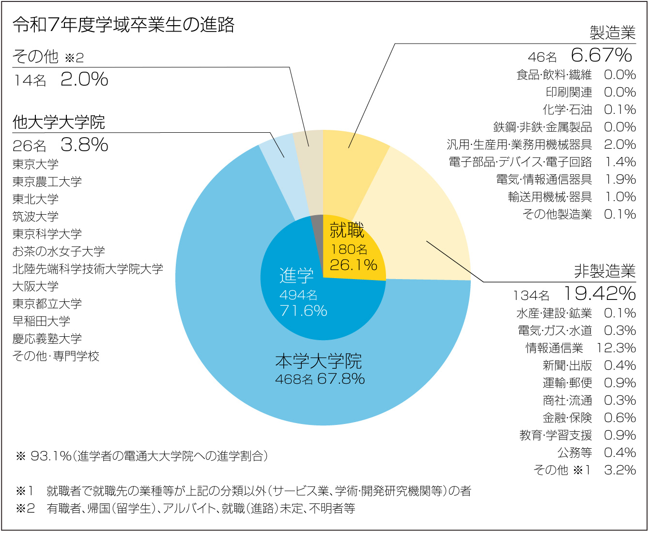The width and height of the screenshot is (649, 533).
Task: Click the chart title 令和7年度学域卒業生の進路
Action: click(x=124, y=25)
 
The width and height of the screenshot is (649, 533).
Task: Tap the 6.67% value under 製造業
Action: click(x=601, y=55)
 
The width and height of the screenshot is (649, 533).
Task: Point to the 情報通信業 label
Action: click(x=554, y=348)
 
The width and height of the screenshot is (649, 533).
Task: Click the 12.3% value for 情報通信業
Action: click(x=616, y=348)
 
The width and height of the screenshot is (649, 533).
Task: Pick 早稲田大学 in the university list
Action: click(x=41, y=321)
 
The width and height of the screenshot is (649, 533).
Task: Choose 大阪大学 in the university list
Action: click(x=35, y=286)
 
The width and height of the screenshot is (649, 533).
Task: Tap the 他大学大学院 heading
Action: click(x=59, y=122)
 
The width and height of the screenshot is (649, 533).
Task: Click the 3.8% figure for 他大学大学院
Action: click(x=84, y=144)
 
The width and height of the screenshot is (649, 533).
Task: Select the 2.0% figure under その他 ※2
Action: click(x=84, y=79)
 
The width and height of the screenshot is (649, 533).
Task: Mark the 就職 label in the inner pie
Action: click(x=347, y=230)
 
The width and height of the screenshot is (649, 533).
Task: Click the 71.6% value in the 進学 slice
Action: click(x=303, y=311)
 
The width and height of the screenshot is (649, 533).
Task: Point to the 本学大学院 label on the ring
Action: click(x=319, y=361)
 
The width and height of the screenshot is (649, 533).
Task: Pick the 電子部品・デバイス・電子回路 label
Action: click(x=520, y=162)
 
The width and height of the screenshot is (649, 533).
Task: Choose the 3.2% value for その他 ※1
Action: click(x=620, y=470)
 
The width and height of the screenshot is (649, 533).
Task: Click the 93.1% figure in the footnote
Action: click(x=51, y=456)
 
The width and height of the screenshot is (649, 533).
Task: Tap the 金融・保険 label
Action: click(x=567, y=418)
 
